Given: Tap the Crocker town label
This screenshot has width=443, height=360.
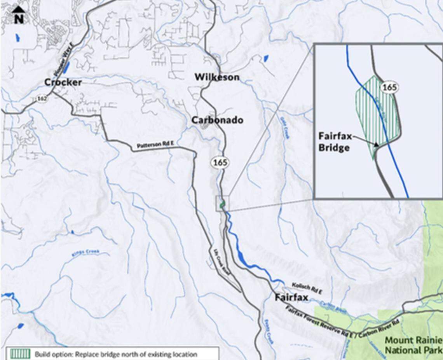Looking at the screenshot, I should [x=63, y=82].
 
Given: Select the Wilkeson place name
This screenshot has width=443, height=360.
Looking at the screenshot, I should [x=217, y=77].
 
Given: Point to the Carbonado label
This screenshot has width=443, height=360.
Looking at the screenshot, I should [x=217, y=120].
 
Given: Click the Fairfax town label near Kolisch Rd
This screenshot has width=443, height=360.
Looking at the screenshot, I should [x=291, y=298].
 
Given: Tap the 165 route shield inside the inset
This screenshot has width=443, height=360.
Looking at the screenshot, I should [x=389, y=87].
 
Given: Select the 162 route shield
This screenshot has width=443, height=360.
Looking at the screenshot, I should [x=42, y=99].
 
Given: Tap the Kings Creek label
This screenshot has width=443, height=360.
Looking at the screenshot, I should [x=85, y=253].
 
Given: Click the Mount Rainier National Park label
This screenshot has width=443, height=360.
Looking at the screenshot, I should [x=413, y=345].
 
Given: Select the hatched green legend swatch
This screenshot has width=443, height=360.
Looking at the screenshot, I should [x=19, y=354].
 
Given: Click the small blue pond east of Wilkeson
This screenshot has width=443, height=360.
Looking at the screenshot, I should [x=266, y=58].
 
